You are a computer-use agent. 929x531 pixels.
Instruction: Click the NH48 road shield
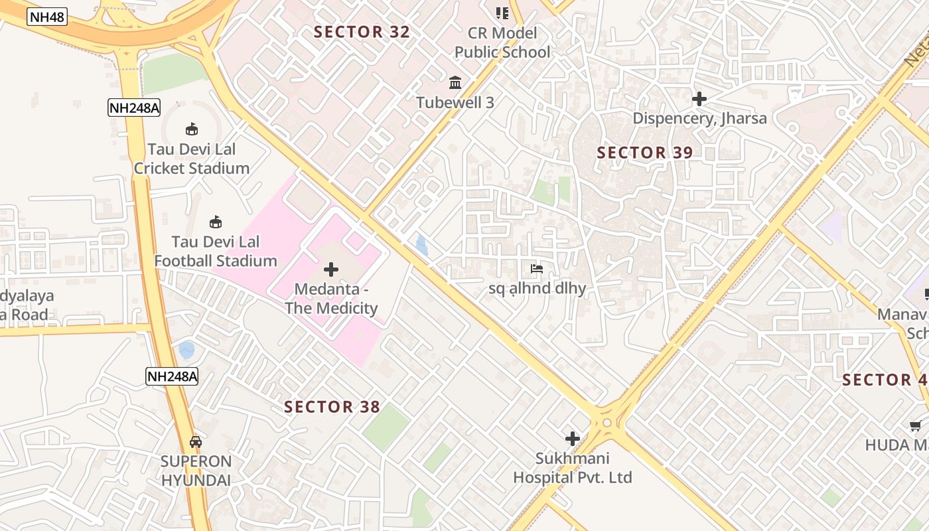[x=47, y=17]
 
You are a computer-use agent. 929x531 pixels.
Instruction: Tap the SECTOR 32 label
[x=362, y=32]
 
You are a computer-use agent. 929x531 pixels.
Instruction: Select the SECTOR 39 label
[x=644, y=153]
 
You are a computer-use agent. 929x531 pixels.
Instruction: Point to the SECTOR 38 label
[x=332, y=407]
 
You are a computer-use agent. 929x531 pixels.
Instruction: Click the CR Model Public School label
[x=502, y=42]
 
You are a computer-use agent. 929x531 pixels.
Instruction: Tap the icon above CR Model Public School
[x=502, y=13]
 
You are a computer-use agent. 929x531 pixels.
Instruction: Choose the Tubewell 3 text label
[x=455, y=102]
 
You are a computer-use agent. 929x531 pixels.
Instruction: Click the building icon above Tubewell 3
[x=455, y=83]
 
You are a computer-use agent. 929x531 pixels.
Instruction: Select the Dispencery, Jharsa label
[x=699, y=119]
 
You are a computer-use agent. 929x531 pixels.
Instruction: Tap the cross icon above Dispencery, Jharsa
[x=699, y=100]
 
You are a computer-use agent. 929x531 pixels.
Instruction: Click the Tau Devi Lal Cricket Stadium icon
[x=192, y=129]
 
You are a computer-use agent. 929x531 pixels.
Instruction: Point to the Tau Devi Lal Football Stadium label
[x=216, y=251]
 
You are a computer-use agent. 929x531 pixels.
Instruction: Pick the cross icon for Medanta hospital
[x=331, y=269]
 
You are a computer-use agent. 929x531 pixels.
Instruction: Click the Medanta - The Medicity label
[x=331, y=299]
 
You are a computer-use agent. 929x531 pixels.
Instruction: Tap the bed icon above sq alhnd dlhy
[x=537, y=269]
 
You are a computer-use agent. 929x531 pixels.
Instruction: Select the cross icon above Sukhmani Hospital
[x=572, y=439]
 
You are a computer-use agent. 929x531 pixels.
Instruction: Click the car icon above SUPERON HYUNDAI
[x=196, y=442]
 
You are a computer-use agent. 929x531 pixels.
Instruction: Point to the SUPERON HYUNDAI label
[x=196, y=471]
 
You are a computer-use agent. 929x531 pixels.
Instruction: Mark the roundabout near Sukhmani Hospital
[x=607, y=423]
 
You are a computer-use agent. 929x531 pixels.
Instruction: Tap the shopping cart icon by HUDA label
[x=916, y=425]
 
